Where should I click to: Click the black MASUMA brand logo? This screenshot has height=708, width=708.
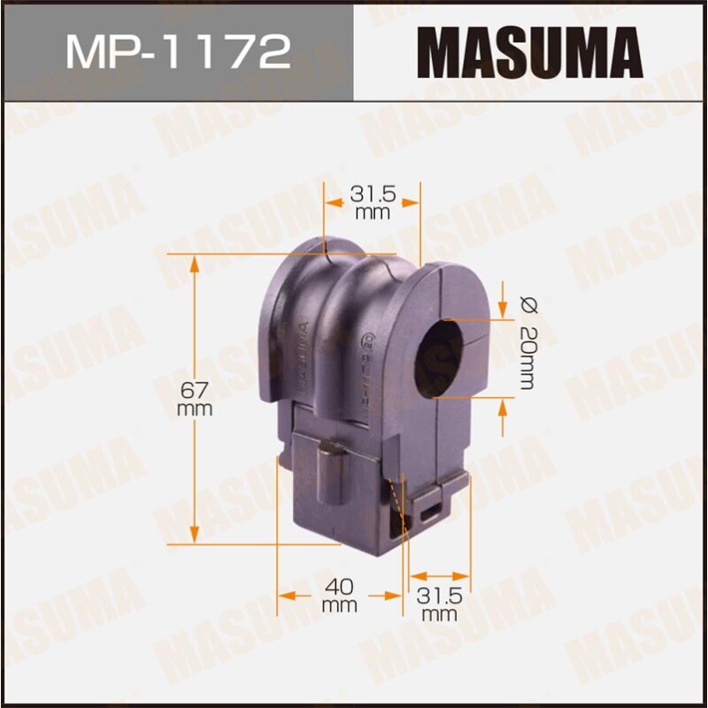529,50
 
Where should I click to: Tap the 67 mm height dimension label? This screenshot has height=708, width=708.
194,397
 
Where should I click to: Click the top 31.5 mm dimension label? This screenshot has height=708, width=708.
372,202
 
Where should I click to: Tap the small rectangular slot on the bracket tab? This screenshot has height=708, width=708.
434,510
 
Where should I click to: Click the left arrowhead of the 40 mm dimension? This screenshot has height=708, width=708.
285,594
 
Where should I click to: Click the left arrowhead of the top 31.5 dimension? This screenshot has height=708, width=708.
331,202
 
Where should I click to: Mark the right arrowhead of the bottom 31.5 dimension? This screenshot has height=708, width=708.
463,575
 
